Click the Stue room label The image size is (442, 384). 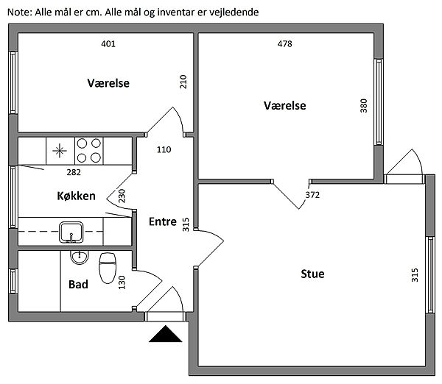click(312, 274)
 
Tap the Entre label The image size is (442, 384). click(162, 221)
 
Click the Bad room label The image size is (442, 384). click(78, 284)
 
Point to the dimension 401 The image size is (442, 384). click(108, 43)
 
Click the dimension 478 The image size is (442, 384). click(285, 43)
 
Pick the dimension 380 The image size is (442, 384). click(363, 106)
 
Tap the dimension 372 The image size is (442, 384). click(313, 195)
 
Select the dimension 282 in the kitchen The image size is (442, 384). click(74, 173)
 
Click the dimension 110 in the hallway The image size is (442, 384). click(164, 149)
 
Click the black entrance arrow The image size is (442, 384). click(165, 335)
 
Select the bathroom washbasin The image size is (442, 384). click(78, 257)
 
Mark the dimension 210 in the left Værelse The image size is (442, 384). click(183, 81)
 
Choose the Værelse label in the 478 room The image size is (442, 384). click(284, 106)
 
